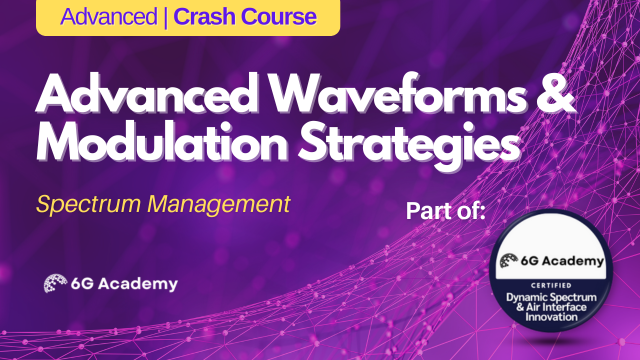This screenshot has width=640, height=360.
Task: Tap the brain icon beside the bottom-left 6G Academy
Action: point(57,283)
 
